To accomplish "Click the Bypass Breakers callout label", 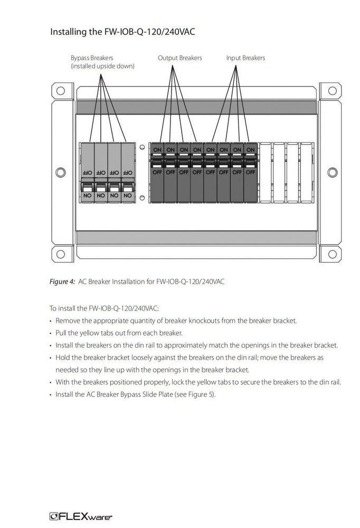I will pyautogui.click(x=92, y=58).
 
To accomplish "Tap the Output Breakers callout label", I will pyautogui.click(x=179, y=58).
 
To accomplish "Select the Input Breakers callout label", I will pyautogui.click(x=245, y=58).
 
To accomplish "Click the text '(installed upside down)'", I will pyautogui.click(x=102, y=66).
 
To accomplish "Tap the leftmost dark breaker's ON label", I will pyautogui.click(x=157, y=149).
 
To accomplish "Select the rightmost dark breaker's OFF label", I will pyautogui.click(x=250, y=172).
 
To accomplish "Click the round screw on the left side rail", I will pyautogui.click(x=60, y=172).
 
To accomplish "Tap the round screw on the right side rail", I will pyautogui.click(x=332, y=172).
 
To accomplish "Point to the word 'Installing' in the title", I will pyautogui.click(x=69, y=32).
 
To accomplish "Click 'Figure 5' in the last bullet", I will pyautogui.click(x=202, y=394).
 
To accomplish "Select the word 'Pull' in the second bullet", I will pyautogui.click(x=61, y=333).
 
